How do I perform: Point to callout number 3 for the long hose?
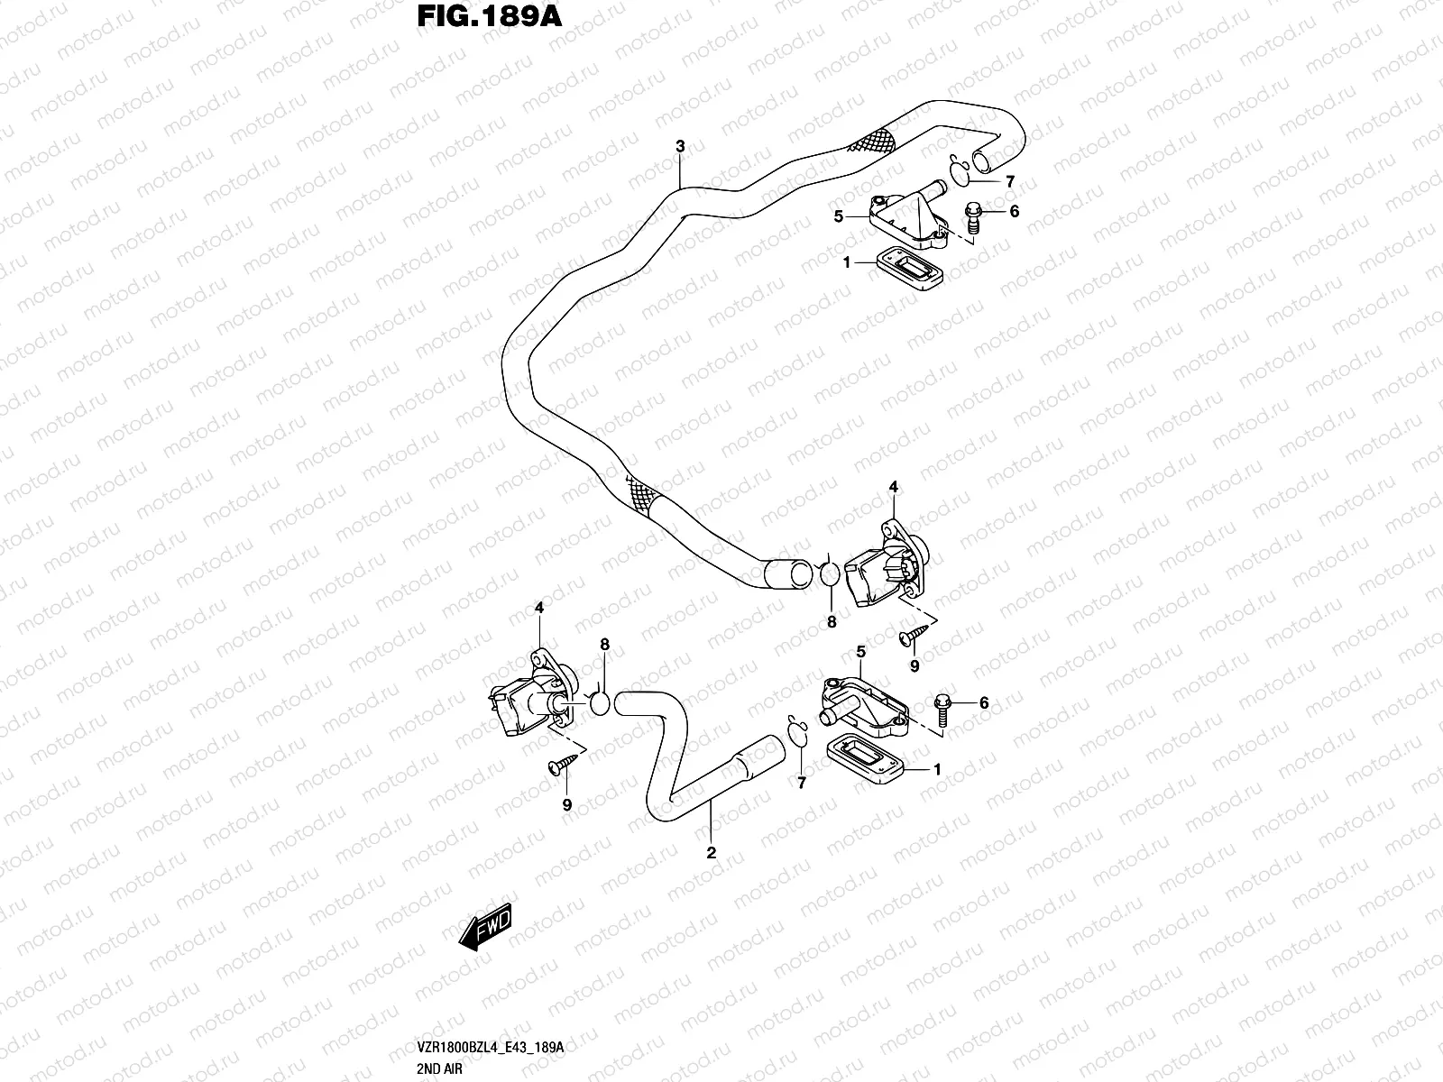click(x=680, y=146)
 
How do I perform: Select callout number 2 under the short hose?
click(x=711, y=852)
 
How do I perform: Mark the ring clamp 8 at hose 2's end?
click(x=600, y=704)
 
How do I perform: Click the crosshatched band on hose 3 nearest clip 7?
click(x=876, y=140)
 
